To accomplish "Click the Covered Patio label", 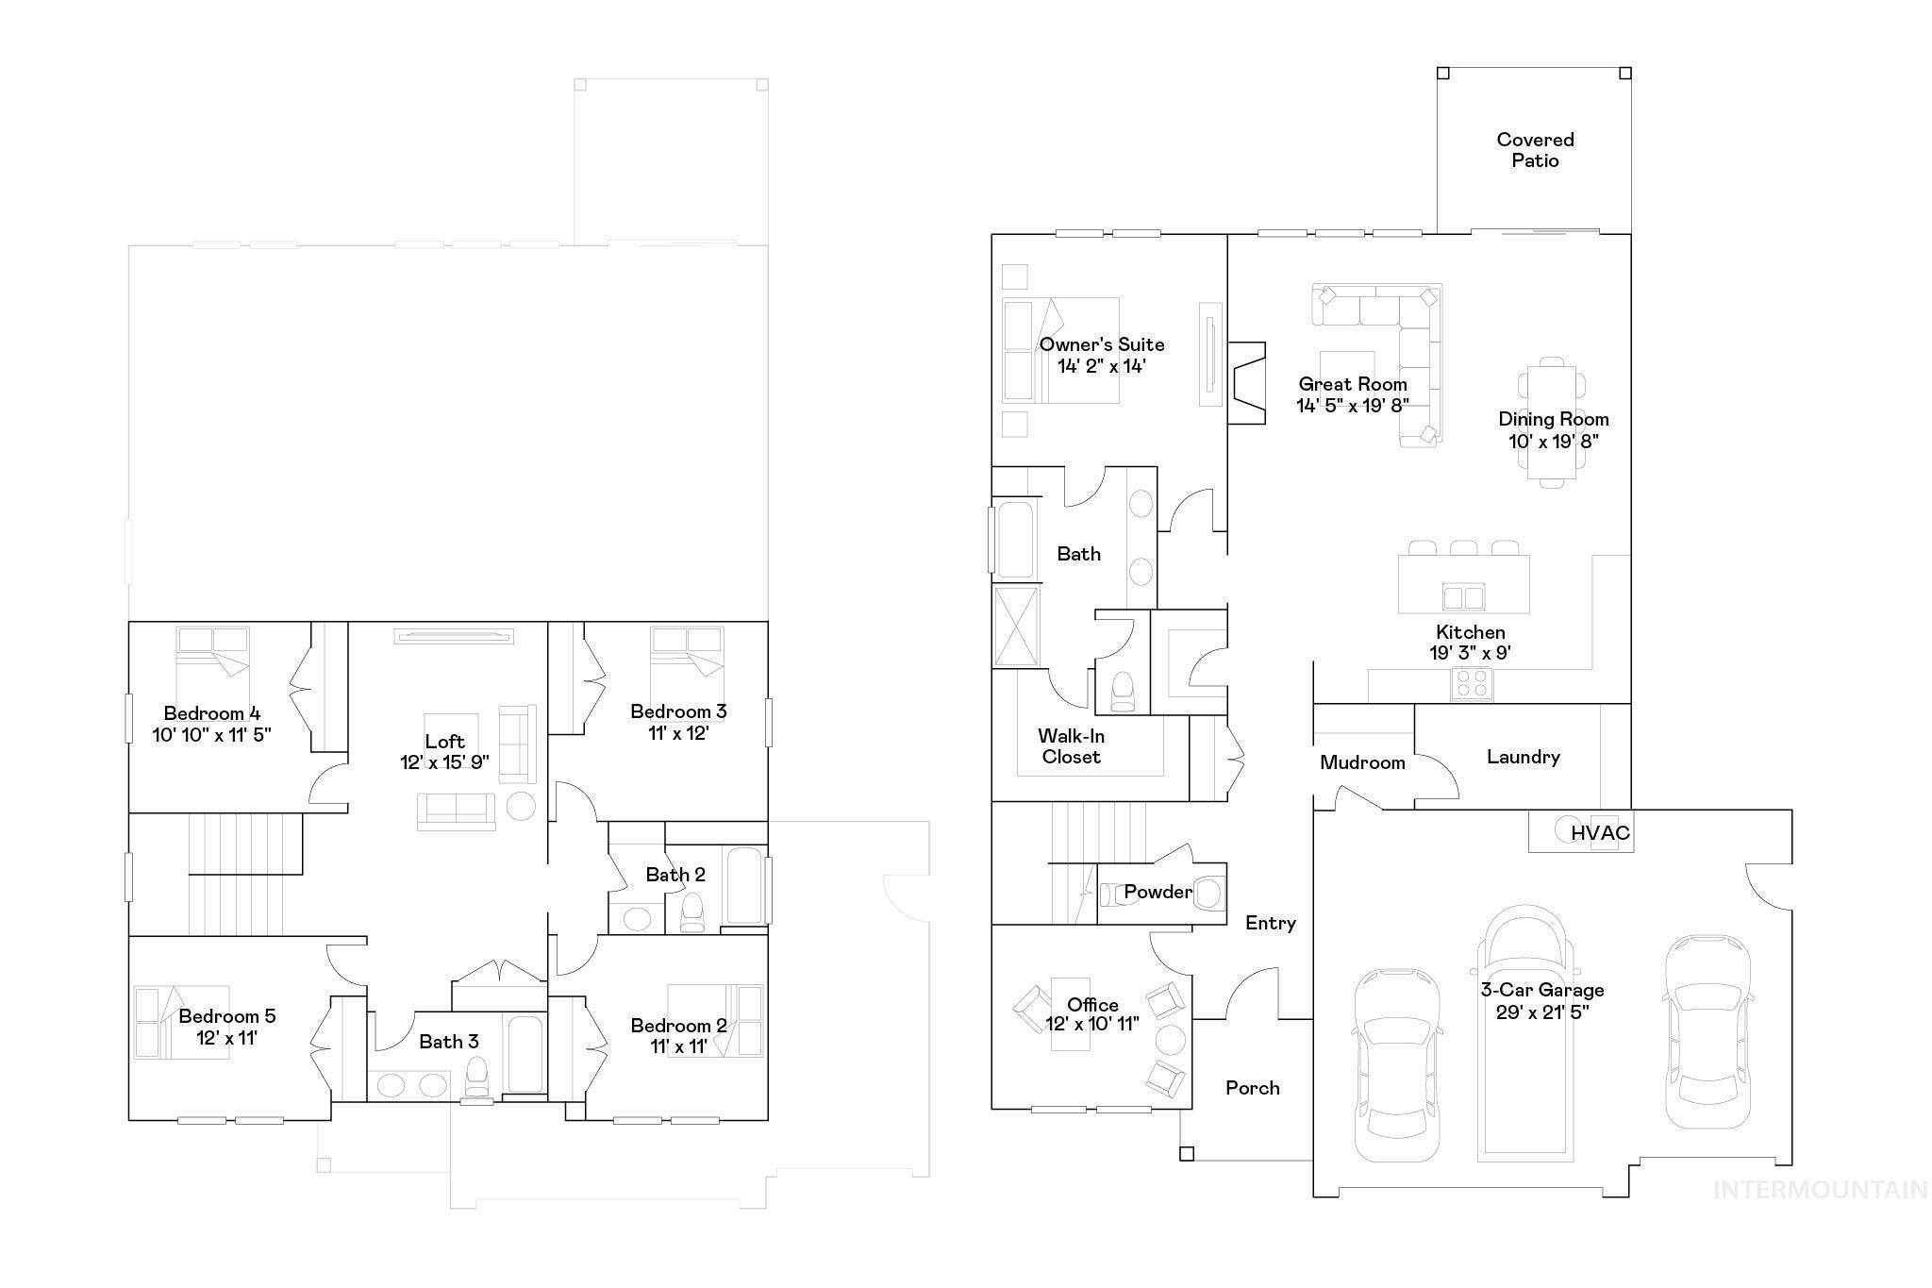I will [x=1535, y=150].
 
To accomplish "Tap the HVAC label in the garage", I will [x=1600, y=833].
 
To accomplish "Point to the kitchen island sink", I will [x=1463, y=597].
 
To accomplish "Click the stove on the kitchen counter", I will [x=1471, y=683].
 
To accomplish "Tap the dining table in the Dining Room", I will [x=1552, y=422].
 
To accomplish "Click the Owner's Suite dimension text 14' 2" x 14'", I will [x=1102, y=366].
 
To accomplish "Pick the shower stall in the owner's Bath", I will [x=1016, y=626].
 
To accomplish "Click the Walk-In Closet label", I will [x=1072, y=746].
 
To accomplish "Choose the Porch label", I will [x=1253, y=1088].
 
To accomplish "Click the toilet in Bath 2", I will [x=692, y=912].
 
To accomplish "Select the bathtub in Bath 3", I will [x=525, y=1055].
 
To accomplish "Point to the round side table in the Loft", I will [x=521, y=806].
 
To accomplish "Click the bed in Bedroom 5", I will [x=181, y=1023].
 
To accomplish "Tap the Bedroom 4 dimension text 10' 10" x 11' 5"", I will [x=212, y=734].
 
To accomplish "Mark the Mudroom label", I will [x=1362, y=762].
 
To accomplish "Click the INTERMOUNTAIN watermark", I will [x=1820, y=1190].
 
